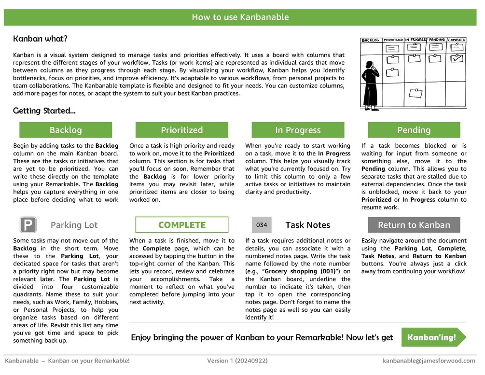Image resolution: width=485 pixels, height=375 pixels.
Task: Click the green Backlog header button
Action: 66,130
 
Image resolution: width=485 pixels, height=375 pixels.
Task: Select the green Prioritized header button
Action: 182,130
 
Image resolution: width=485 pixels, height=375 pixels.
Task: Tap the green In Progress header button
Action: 298,130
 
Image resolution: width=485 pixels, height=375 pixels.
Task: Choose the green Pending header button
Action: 414,130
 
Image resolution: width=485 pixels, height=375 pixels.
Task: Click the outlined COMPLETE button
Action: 182,225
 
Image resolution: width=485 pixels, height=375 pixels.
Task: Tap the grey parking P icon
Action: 28,225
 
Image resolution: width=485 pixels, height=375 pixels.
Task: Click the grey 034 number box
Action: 262,225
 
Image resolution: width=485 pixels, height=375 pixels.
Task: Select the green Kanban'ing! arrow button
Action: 433,337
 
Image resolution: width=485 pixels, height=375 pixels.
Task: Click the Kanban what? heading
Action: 40,39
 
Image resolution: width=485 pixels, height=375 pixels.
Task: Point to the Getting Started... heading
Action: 44,111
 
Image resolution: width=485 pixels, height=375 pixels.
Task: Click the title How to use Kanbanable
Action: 240,17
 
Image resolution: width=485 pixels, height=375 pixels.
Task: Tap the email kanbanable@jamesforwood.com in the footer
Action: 429,361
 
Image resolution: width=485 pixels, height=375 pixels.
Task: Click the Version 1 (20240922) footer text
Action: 237,361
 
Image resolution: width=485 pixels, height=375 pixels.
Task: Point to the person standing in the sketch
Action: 371,85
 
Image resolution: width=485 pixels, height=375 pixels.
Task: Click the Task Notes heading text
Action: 308,225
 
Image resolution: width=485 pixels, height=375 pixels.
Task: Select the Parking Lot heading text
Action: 74,225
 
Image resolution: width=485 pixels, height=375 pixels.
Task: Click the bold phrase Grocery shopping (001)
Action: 299,271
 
